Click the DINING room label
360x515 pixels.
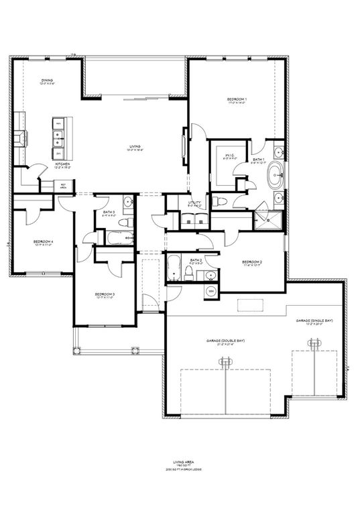click(46, 80)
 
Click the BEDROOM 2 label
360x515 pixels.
click(251, 261)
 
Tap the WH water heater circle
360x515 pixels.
click(209, 290)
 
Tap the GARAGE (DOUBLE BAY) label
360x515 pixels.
click(225, 341)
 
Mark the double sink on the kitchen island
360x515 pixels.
click(59, 139)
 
